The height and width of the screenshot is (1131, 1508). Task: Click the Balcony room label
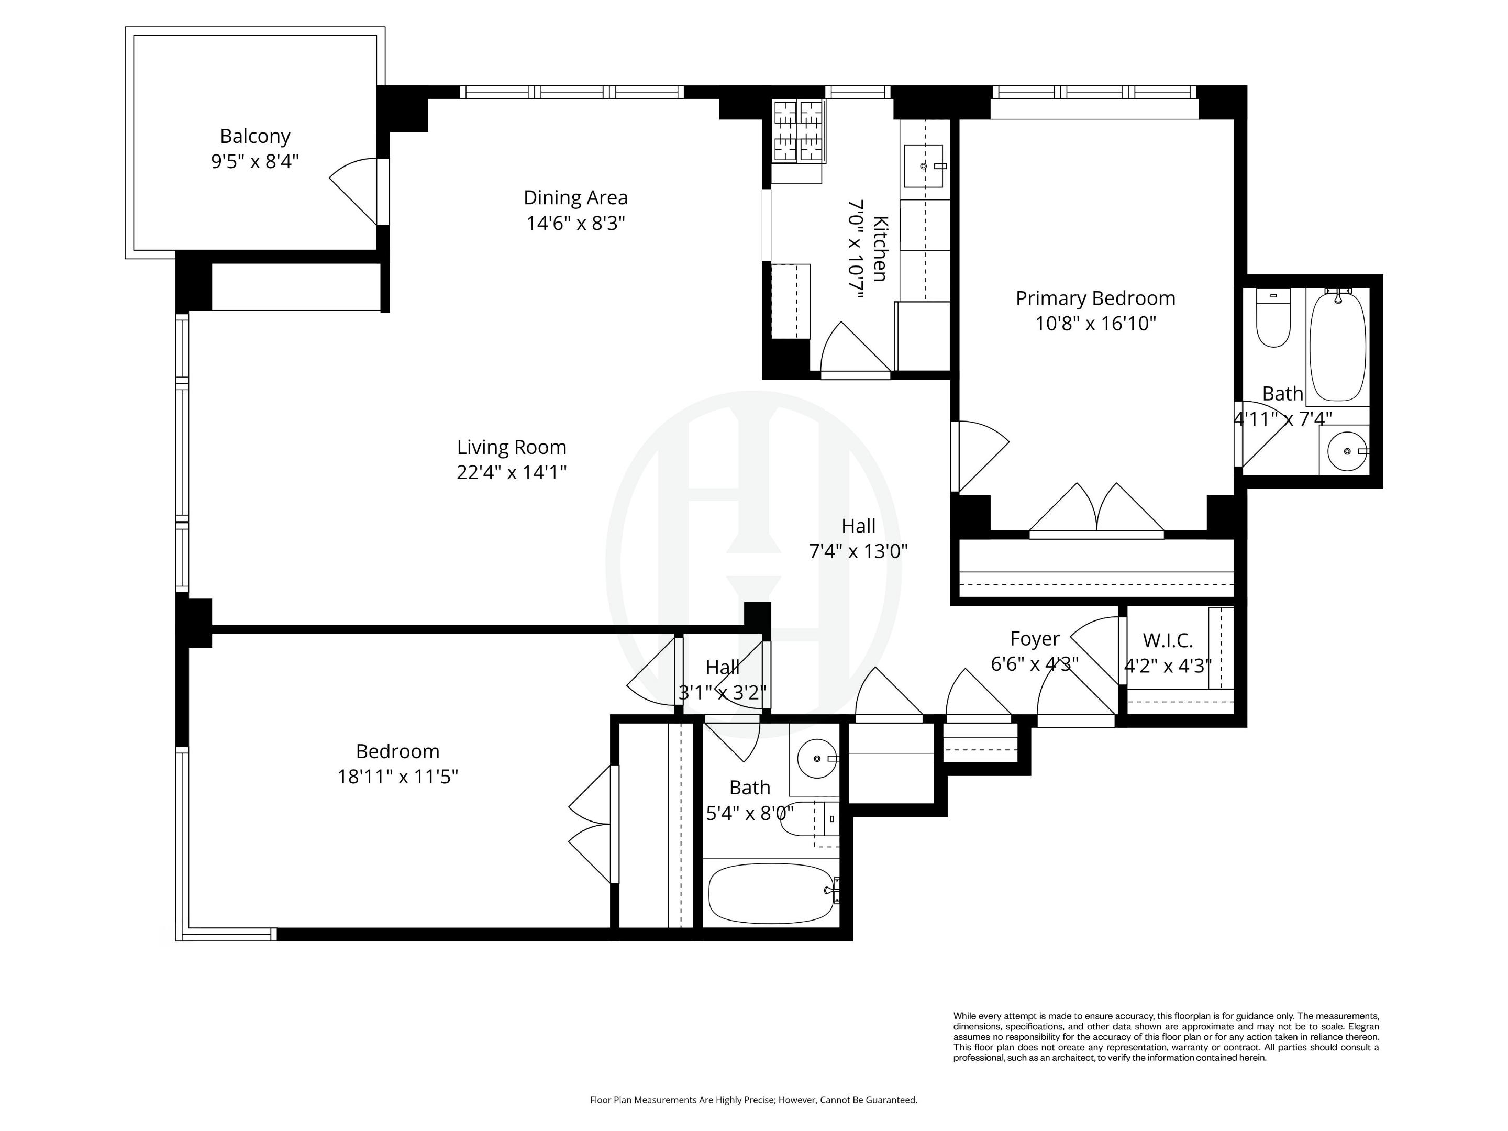point(255,136)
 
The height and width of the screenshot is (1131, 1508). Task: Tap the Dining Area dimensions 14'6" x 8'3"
point(575,224)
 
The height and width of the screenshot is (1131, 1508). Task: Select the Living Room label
point(511,447)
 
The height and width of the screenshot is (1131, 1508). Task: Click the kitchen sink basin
point(923,165)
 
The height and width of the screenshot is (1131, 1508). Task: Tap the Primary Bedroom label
point(1095,298)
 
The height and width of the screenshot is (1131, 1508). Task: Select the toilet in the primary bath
point(1273,319)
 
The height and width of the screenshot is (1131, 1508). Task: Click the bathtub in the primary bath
point(1338,346)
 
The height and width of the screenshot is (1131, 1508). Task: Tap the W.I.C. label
point(1167,641)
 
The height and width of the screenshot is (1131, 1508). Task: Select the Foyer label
point(1034,639)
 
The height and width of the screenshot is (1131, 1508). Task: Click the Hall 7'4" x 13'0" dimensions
point(858,551)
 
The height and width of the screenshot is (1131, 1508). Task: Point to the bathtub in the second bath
point(770,894)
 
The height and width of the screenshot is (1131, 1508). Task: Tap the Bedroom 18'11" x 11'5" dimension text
point(397,777)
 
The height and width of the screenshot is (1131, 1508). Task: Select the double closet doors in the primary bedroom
point(1096,511)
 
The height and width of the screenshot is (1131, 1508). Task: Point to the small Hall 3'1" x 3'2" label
point(722,668)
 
